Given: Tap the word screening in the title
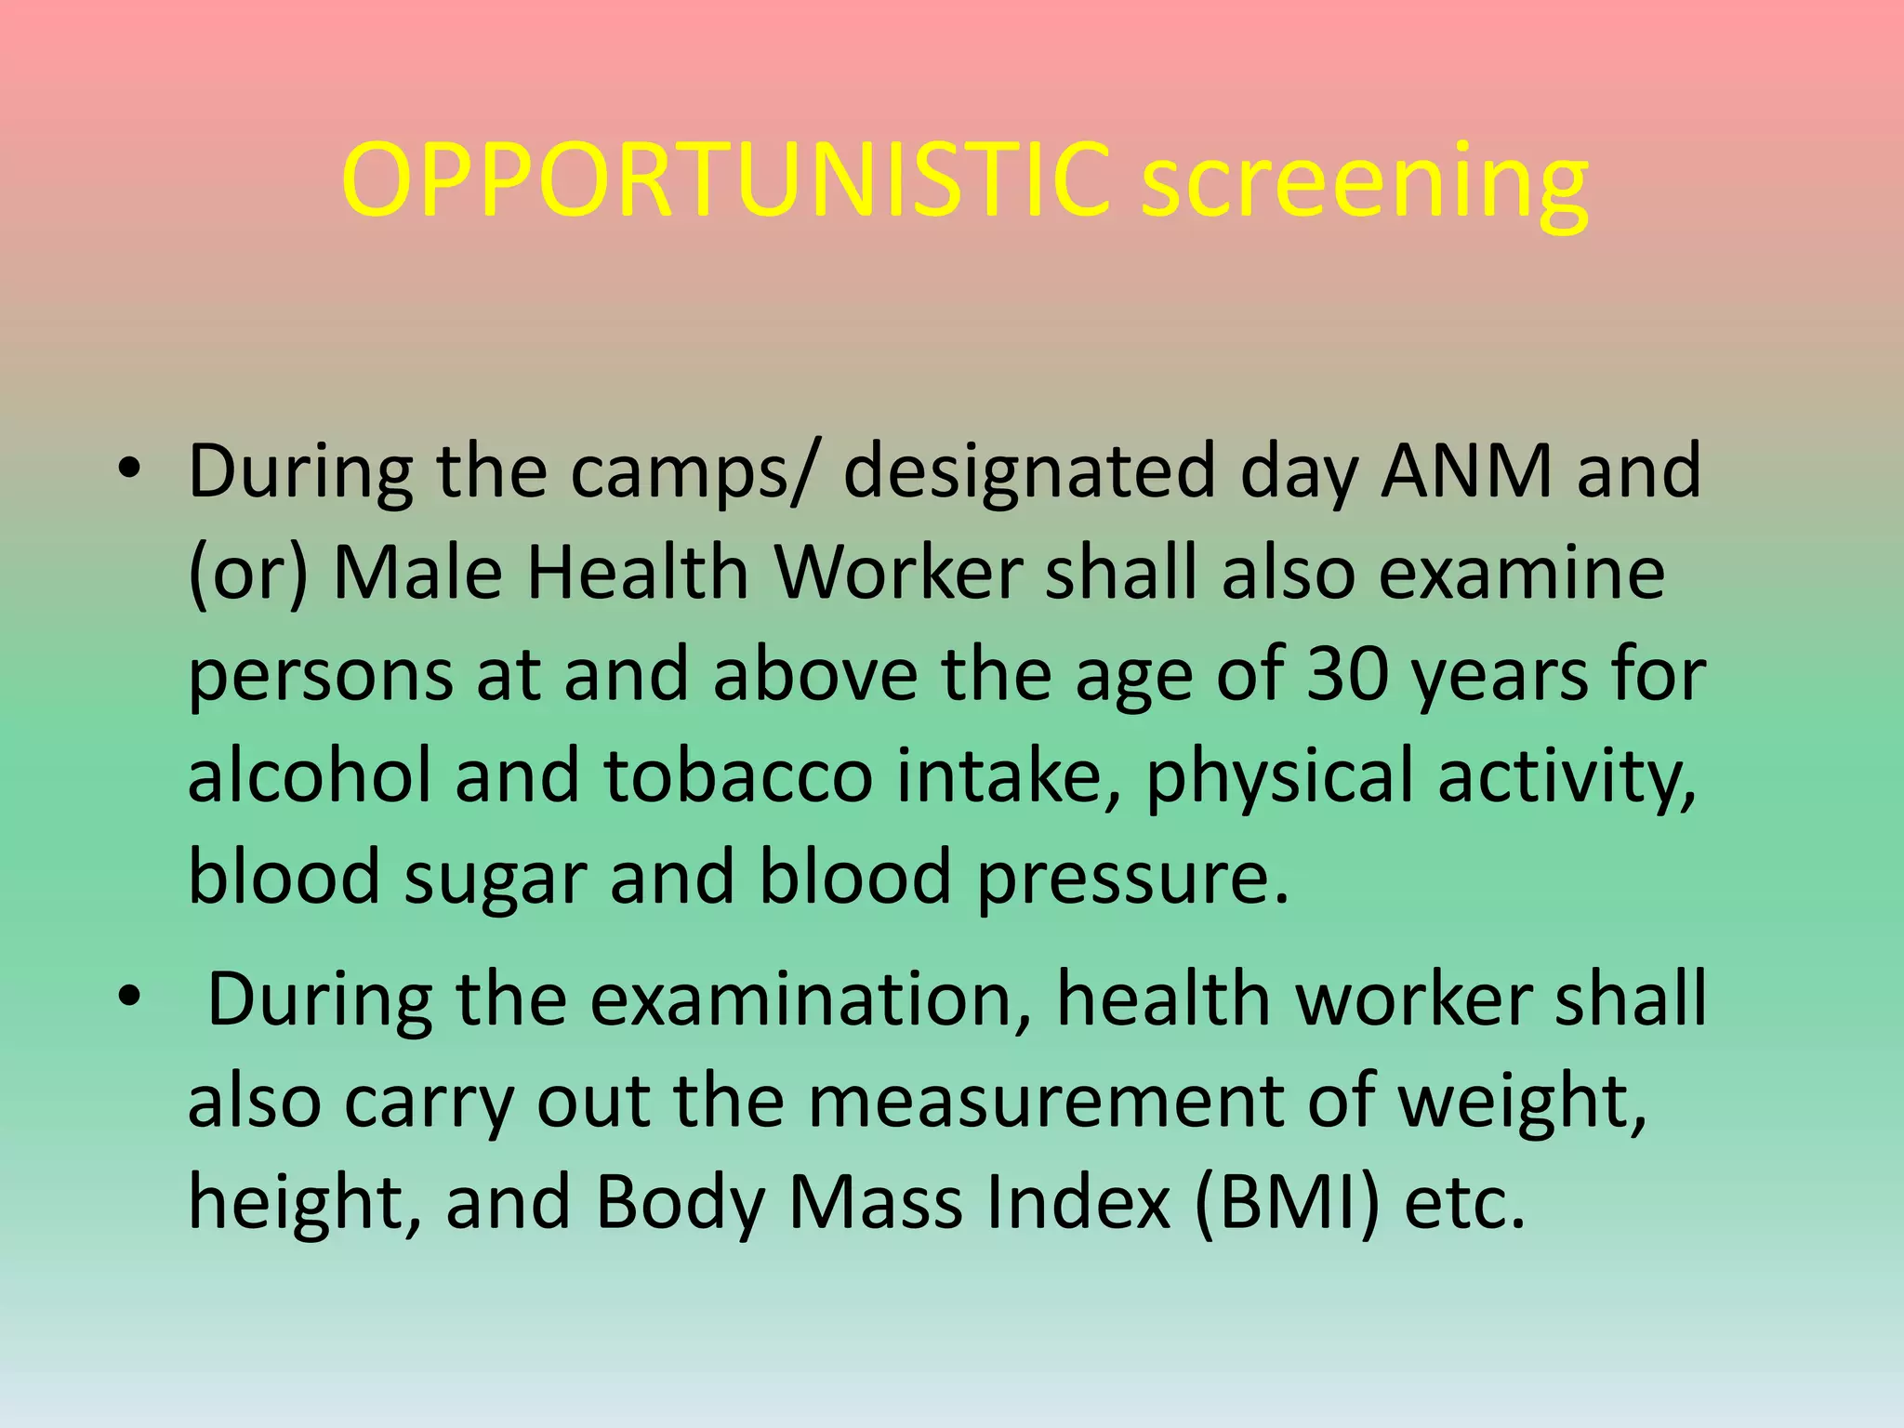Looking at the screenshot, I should click(1364, 186).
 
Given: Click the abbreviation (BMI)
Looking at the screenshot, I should click(1288, 1203).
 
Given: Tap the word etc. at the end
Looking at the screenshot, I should click(1464, 1203).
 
